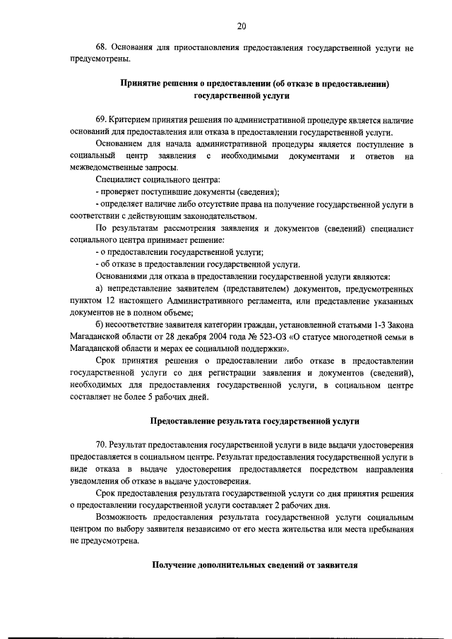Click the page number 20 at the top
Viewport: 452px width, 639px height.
(x=242, y=26)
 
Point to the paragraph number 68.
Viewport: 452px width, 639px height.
(x=101, y=49)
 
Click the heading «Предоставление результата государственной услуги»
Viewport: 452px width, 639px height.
(x=255, y=422)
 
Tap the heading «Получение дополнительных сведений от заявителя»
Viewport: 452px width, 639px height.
(x=255, y=565)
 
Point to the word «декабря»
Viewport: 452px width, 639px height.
(x=179, y=338)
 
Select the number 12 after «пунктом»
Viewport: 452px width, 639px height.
(x=109, y=301)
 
